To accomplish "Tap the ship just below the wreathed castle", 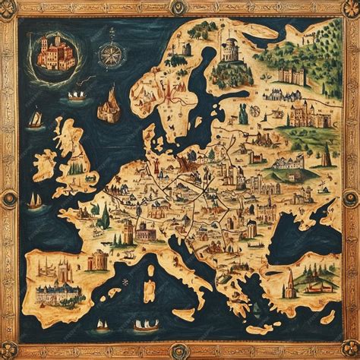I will click(x=77, y=96).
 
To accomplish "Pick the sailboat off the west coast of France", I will click(x=34, y=201).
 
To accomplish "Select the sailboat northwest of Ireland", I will click(x=35, y=119).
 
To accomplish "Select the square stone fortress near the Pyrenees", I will click(x=97, y=261).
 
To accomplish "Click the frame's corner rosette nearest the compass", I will click(x=10, y=9).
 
